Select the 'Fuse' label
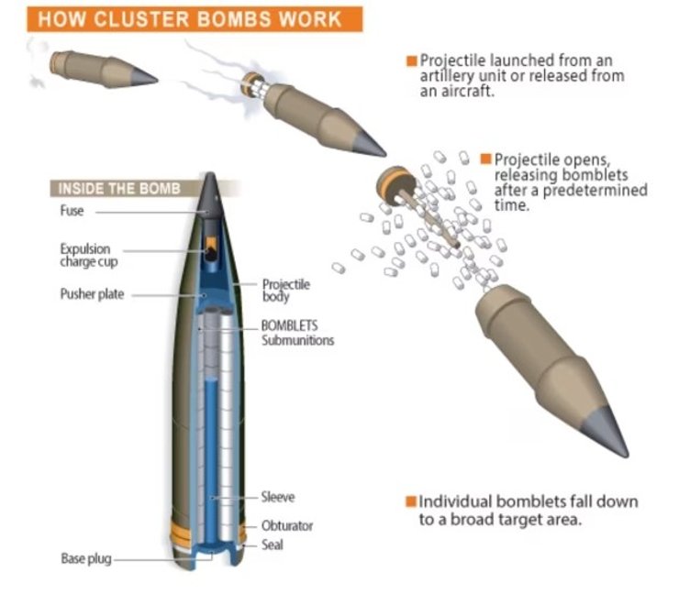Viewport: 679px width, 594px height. [72, 211]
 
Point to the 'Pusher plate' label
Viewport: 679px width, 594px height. [92, 294]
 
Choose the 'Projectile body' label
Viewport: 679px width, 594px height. [286, 291]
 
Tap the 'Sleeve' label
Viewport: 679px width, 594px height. [278, 497]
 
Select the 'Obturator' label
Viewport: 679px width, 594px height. [287, 526]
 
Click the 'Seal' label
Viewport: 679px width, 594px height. [273, 544]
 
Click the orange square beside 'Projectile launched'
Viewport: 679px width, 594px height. [412, 60]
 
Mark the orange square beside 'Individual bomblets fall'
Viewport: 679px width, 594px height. [411, 502]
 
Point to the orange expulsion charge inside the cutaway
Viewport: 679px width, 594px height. [210, 243]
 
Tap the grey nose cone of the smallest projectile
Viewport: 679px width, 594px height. [143, 78]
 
